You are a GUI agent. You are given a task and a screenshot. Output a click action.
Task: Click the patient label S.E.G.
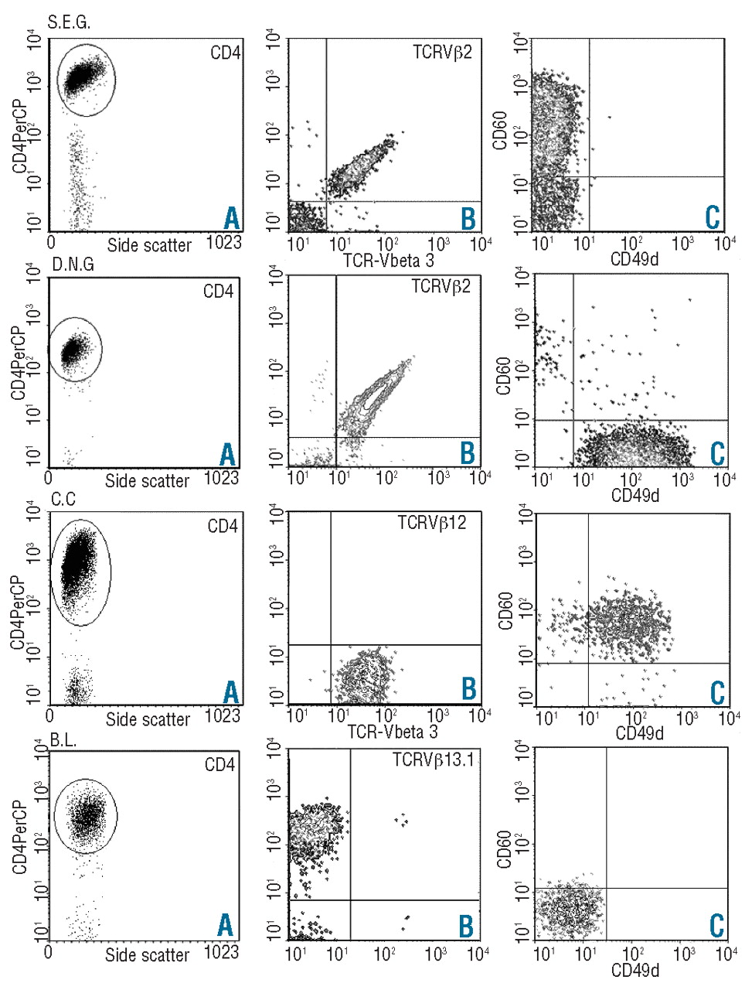[69, 22]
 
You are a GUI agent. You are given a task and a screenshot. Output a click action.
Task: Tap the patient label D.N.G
[73, 264]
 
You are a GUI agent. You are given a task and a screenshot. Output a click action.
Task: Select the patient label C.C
[63, 500]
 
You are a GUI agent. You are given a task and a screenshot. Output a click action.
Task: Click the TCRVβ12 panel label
[431, 522]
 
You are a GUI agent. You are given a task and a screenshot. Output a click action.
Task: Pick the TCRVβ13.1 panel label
[433, 760]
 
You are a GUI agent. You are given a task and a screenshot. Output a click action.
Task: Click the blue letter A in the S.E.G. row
[232, 218]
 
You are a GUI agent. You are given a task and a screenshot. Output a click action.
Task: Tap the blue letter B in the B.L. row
[466, 926]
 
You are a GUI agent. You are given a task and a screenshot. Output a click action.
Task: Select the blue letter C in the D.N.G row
[717, 454]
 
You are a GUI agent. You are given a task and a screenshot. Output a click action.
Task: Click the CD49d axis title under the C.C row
[639, 733]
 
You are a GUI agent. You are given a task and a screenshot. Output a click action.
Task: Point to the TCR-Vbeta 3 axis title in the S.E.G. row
[389, 259]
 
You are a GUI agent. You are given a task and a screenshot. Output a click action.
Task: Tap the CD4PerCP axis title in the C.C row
[18, 612]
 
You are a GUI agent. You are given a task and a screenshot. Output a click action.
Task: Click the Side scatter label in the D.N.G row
[148, 481]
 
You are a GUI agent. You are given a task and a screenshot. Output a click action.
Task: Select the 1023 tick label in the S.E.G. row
[223, 242]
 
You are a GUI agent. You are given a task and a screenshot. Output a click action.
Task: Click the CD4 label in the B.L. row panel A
[219, 764]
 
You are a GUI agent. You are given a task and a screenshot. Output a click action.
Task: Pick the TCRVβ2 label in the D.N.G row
[441, 286]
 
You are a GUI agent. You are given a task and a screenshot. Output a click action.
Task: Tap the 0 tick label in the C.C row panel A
[50, 715]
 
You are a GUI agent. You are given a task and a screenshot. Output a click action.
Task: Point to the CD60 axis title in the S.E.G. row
[500, 131]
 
